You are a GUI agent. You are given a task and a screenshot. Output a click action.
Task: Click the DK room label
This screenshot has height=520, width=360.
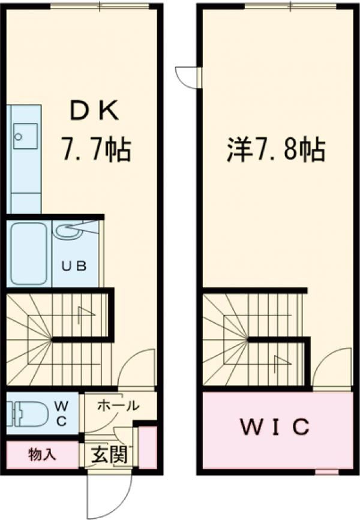pyautogui.click(x=95, y=112)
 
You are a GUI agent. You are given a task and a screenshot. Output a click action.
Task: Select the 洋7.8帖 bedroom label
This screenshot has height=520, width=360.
pyautogui.click(x=276, y=149)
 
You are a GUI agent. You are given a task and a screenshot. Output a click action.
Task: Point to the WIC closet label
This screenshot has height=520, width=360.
pyautogui.click(x=276, y=428)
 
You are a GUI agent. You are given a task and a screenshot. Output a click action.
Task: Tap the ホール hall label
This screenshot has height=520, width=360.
pyautogui.click(x=118, y=405)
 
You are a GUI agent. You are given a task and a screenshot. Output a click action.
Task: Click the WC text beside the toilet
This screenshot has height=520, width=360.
pyautogui.click(x=62, y=413)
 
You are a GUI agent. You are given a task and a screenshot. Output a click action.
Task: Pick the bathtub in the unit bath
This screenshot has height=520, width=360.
pyautogui.click(x=29, y=253)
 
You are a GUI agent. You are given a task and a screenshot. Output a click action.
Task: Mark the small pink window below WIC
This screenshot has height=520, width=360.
pyautogui.click(x=326, y=472)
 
